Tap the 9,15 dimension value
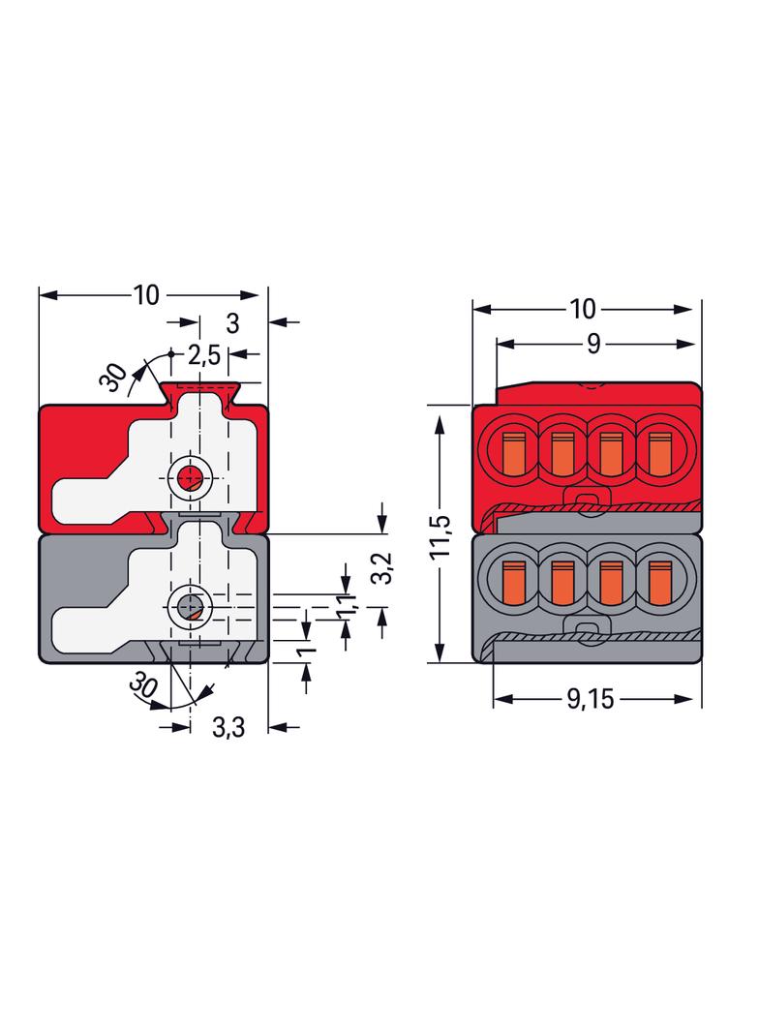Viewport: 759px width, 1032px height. tap(591, 699)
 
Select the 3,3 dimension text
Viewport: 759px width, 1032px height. tap(228, 727)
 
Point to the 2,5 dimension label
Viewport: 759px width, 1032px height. tap(204, 355)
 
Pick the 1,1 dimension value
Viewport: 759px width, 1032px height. tap(347, 603)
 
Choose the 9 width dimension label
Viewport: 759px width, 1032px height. tap(593, 344)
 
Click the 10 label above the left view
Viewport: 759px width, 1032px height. tap(146, 295)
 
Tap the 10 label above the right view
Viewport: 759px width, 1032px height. tap(583, 309)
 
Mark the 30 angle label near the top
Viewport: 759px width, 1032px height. tap(113, 378)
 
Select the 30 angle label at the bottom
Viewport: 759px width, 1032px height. tap(142, 685)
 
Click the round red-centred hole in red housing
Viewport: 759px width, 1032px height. tap(191, 476)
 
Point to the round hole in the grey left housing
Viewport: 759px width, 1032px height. tap(191, 605)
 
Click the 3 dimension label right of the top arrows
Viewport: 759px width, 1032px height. tap(232, 323)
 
